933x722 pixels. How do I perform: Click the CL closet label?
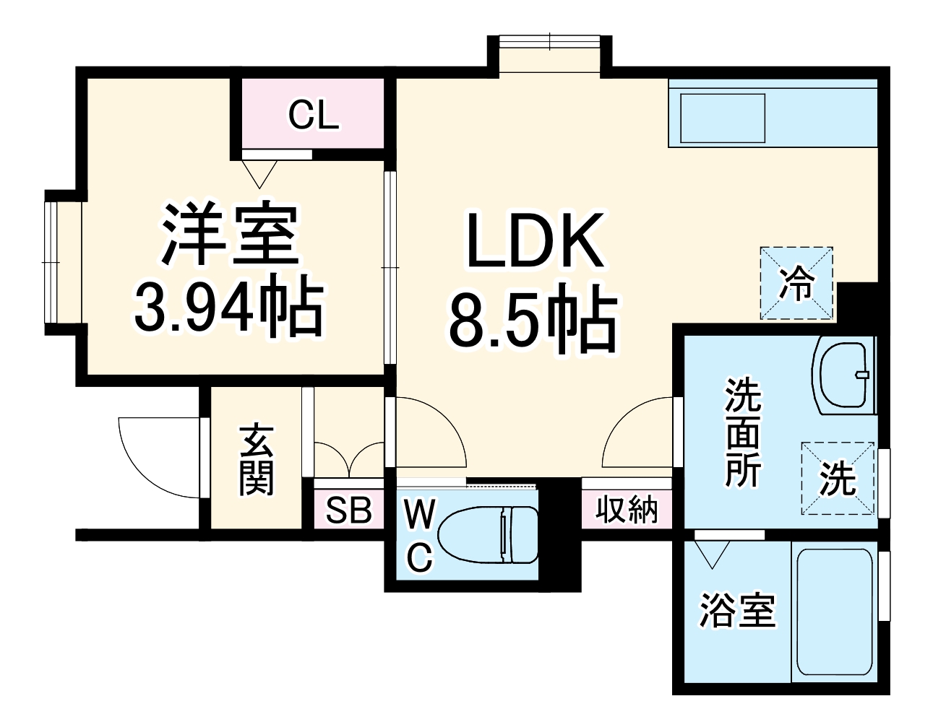[313, 115]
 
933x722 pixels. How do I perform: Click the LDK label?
[534, 240]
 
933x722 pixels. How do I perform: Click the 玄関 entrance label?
[256, 460]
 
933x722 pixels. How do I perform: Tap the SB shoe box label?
[348, 510]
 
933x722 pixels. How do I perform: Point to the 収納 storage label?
[627, 510]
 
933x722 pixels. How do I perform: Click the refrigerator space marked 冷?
[796, 283]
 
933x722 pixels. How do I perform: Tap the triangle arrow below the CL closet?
[259, 173]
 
